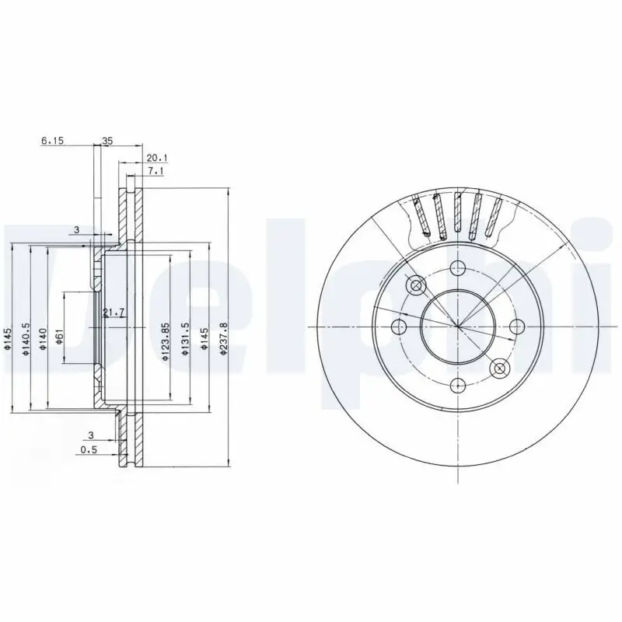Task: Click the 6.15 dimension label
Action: (x=51, y=142)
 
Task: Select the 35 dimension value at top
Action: (x=108, y=142)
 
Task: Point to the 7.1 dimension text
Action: (x=155, y=171)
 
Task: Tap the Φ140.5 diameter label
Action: (x=26, y=339)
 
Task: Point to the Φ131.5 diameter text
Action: (x=184, y=339)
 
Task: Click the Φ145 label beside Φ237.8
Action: (x=204, y=339)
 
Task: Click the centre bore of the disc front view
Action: (x=458, y=327)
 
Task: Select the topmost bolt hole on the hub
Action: (x=458, y=267)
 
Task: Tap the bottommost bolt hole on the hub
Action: (x=458, y=385)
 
